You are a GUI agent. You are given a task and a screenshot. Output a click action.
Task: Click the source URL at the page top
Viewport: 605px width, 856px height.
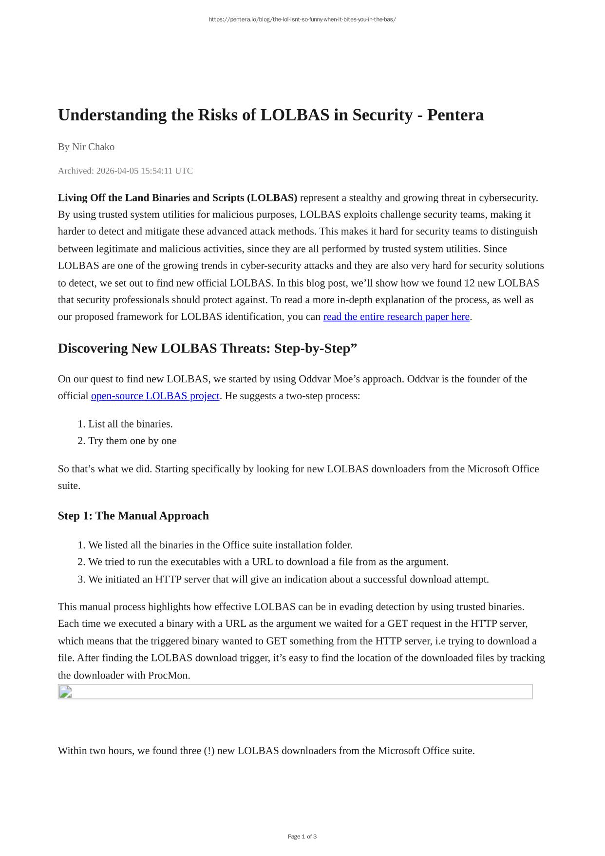(x=302, y=19)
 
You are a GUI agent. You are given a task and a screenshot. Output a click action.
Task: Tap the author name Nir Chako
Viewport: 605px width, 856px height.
(x=93, y=147)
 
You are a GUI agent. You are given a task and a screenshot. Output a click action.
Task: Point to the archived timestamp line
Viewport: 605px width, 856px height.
(x=125, y=171)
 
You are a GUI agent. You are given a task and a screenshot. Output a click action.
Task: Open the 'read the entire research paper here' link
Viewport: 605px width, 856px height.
(x=396, y=317)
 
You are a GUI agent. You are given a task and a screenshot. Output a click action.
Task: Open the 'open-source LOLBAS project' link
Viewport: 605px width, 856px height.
(x=155, y=396)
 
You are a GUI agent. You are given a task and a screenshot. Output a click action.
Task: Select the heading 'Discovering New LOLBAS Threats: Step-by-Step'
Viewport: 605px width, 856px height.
(x=207, y=349)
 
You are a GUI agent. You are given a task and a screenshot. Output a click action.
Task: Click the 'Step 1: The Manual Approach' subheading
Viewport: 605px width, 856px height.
(x=133, y=516)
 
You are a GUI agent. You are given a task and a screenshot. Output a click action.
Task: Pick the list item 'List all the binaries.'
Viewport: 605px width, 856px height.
(x=130, y=424)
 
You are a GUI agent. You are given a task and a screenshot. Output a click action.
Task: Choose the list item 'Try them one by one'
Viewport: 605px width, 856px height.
(x=132, y=441)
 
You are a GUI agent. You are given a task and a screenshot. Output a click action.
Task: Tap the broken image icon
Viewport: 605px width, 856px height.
(x=65, y=692)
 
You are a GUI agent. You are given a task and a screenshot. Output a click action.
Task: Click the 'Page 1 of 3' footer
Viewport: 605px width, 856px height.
(x=302, y=837)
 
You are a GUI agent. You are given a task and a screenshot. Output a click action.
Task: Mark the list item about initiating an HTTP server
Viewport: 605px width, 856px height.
(x=288, y=579)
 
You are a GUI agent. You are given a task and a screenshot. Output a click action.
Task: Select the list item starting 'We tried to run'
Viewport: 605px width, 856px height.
(x=268, y=562)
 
